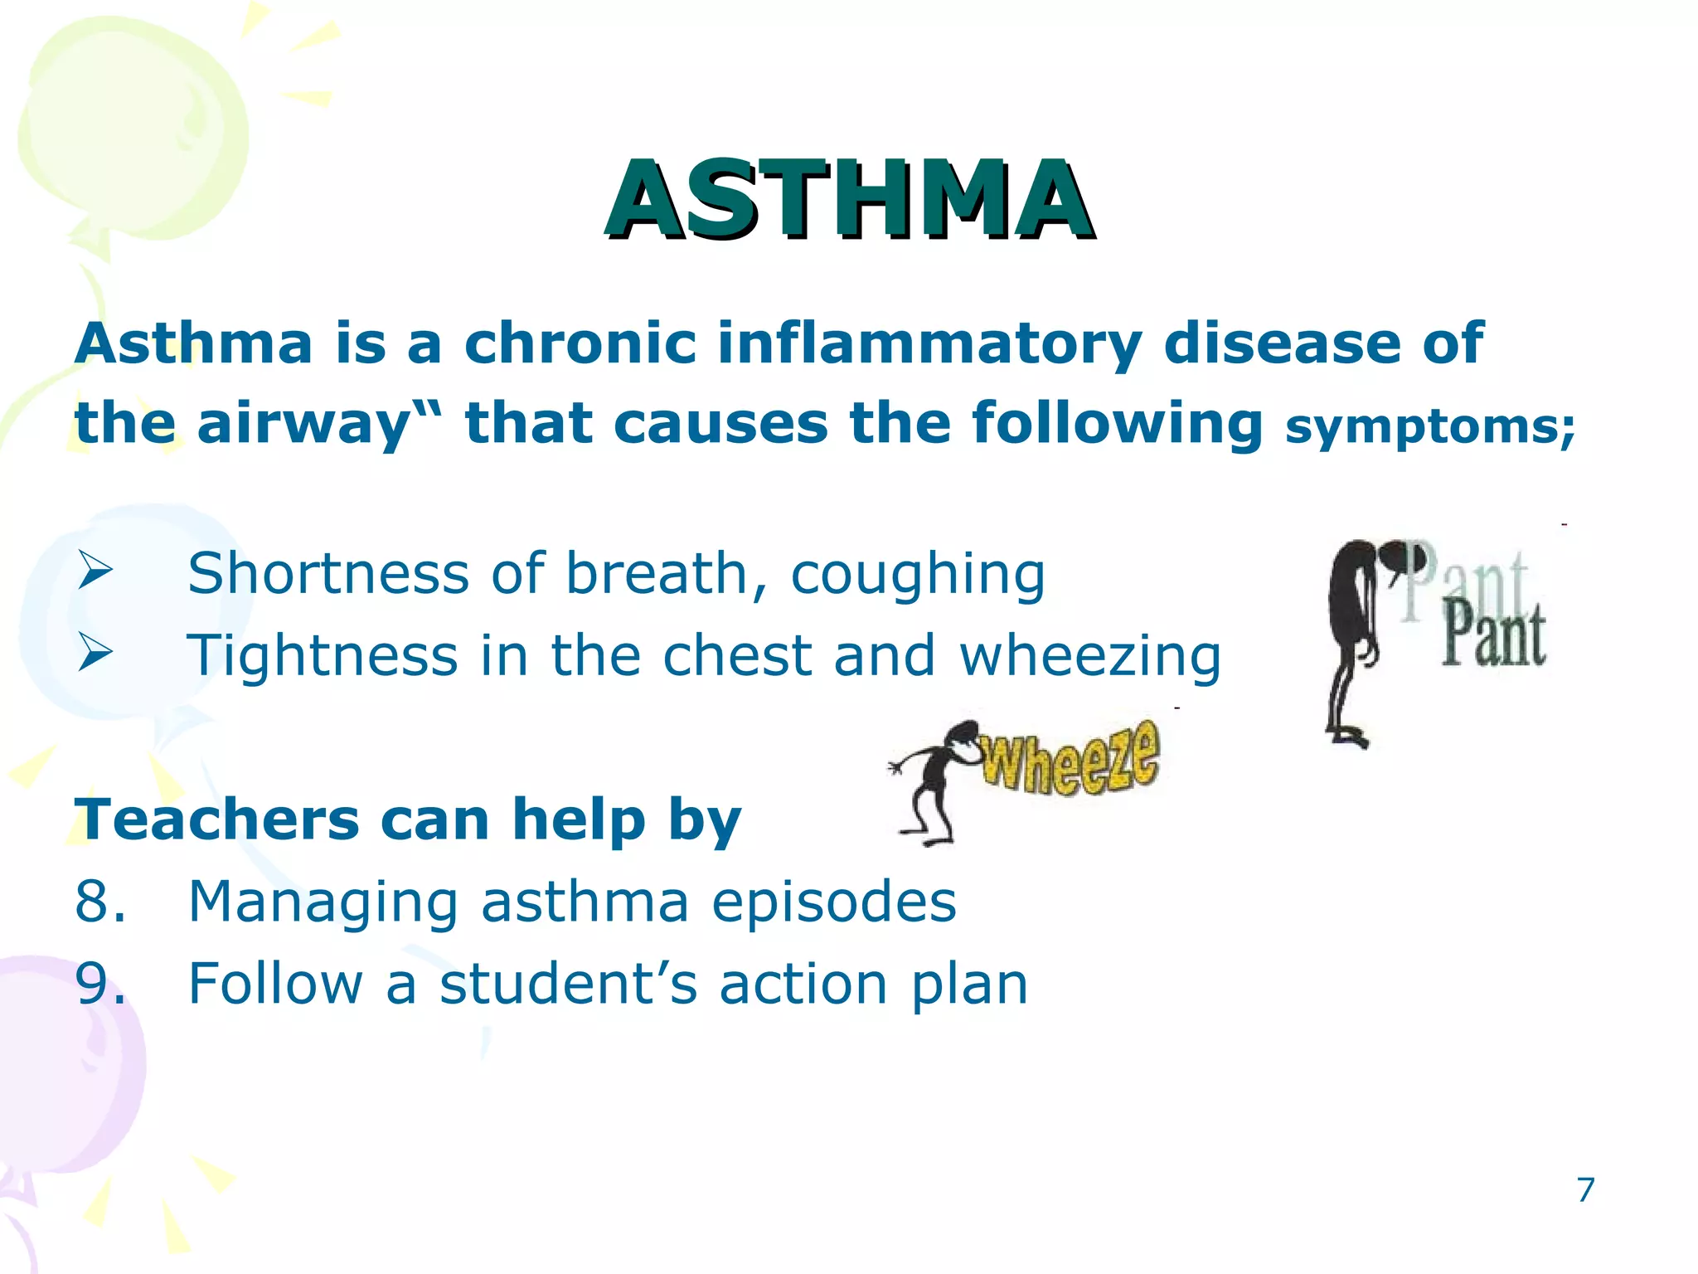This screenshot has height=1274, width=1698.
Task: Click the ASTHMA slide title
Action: pos(849,199)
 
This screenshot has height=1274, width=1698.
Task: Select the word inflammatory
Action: pos(929,344)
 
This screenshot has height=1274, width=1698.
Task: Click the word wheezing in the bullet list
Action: pos(1089,656)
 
